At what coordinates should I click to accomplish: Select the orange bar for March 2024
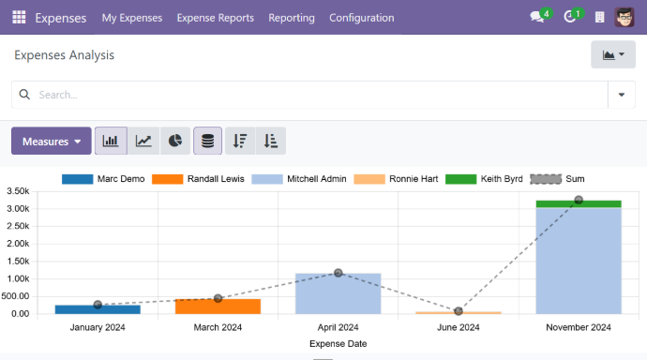(x=218, y=306)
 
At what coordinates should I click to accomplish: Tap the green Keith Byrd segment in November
(x=579, y=203)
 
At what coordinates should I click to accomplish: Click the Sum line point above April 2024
(x=338, y=273)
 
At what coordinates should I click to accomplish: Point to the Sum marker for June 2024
(x=459, y=311)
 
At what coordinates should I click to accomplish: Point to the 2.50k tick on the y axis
(x=19, y=226)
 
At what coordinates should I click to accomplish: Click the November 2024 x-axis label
(x=579, y=327)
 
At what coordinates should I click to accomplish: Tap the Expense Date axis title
(x=338, y=344)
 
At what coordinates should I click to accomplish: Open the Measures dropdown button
(x=52, y=142)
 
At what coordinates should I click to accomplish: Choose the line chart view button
(x=143, y=142)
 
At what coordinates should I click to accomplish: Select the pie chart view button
(x=175, y=142)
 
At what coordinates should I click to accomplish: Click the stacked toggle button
(x=207, y=142)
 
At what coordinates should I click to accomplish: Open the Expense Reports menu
(x=215, y=18)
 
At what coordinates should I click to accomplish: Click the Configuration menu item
(x=361, y=18)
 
